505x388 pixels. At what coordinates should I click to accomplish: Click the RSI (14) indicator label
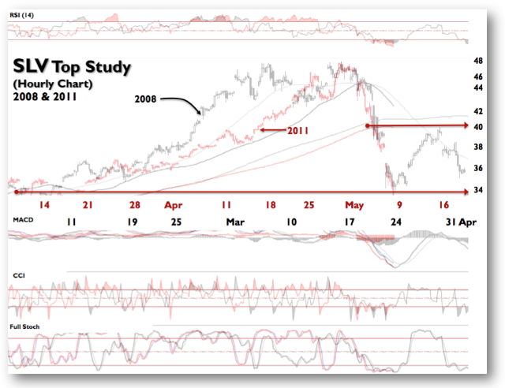coord(21,15)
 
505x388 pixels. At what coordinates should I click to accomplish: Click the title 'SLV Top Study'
coord(72,66)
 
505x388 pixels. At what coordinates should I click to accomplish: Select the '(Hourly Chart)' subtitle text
coord(53,84)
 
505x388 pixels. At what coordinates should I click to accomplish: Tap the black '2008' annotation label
coord(145,99)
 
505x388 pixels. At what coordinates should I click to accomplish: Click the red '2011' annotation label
coord(298,131)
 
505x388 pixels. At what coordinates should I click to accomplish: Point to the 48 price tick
coord(478,61)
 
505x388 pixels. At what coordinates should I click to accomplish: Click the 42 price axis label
coord(478,111)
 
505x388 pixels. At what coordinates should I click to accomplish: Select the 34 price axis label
coord(478,190)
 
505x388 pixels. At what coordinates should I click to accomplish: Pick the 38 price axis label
coord(478,147)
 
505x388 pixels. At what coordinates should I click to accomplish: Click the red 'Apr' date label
coord(174,205)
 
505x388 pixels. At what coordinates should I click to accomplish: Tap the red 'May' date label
coord(354,205)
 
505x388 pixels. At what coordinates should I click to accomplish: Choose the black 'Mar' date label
coord(235,222)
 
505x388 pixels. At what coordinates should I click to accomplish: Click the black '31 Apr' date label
coord(461,222)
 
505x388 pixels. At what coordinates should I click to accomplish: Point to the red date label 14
coord(44,205)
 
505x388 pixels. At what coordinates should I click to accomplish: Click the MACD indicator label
coord(23,219)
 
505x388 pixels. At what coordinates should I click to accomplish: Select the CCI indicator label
coord(19,275)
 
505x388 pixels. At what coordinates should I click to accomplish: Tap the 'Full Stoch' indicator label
coord(24,326)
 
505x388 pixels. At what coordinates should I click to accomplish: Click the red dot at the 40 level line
coord(368,125)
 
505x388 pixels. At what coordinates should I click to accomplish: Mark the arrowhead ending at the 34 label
coord(466,192)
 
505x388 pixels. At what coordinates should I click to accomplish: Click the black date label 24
coord(396,222)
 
